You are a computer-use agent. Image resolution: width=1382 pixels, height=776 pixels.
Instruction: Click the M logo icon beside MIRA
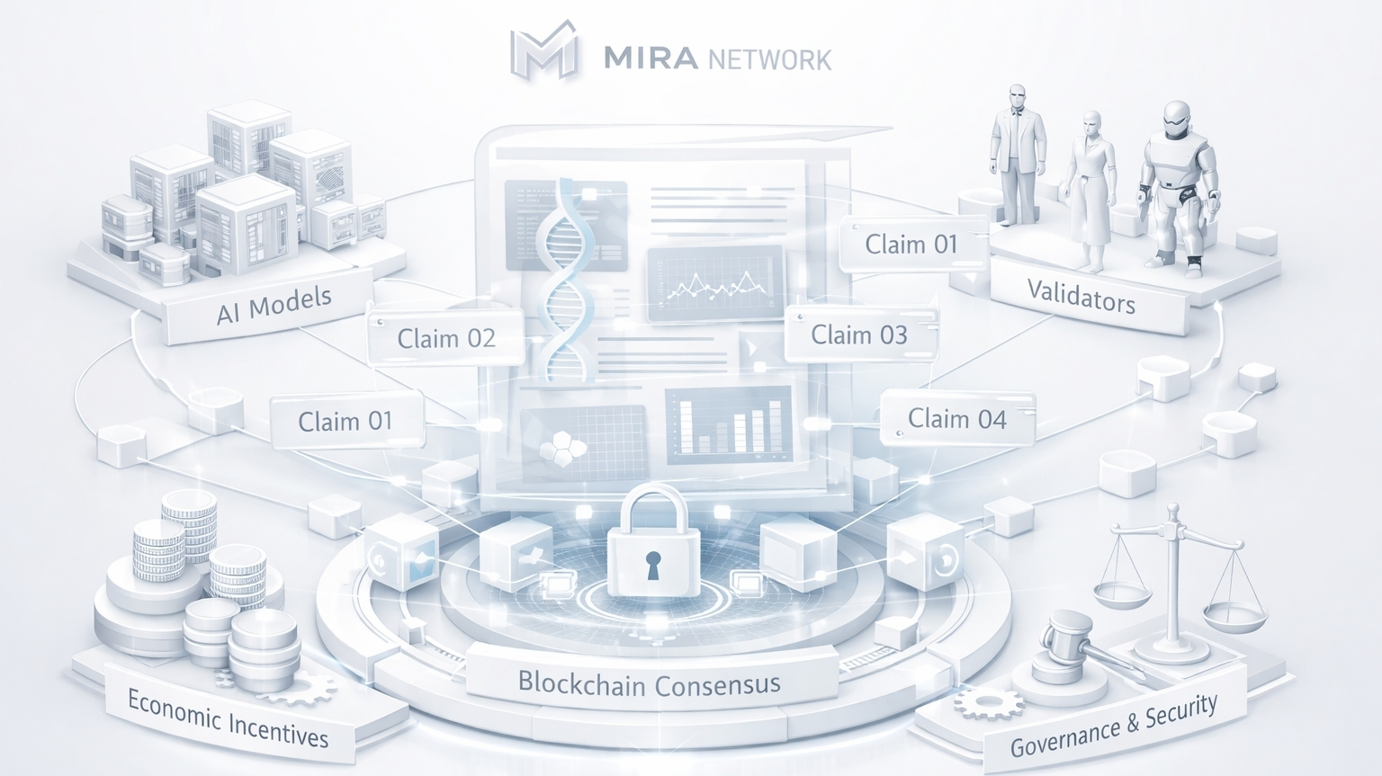543,51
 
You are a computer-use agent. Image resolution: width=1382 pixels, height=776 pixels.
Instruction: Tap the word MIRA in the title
651,58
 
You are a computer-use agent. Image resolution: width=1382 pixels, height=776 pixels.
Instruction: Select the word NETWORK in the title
769,60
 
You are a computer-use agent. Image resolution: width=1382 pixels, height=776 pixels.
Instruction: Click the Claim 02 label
446,338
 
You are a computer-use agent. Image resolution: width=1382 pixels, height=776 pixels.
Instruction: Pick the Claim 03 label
859,334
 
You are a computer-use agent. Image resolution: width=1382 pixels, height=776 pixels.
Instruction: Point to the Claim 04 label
956,418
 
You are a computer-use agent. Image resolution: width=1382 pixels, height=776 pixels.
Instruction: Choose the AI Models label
274,304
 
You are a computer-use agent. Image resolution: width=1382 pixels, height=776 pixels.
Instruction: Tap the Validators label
1081,295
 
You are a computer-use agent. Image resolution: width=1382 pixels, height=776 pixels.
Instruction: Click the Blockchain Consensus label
649,684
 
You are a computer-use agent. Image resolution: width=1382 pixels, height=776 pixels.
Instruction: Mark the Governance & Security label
1114,726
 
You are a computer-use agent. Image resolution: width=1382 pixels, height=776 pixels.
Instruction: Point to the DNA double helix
565,279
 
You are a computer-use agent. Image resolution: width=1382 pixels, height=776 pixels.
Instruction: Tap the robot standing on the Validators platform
1178,184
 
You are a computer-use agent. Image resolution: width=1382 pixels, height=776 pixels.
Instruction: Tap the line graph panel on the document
715,282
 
